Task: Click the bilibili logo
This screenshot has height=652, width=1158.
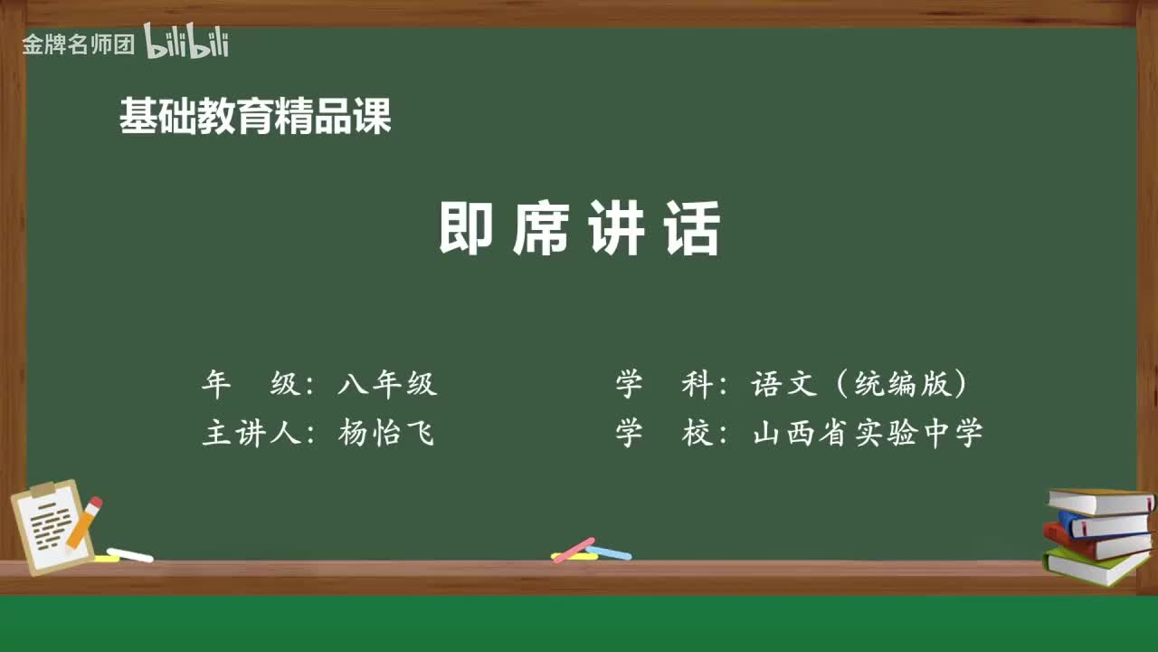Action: pyautogui.click(x=186, y=43)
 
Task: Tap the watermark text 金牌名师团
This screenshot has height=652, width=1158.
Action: pyautogui.click(x=78, y=44)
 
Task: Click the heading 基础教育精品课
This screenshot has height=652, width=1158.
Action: pyautogui.click(x=255, y=117)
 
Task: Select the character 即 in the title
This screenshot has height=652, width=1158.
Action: pyautogui.click(x=466, y=229)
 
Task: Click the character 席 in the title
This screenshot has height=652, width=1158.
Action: pyautogui.click(x=541, y=229)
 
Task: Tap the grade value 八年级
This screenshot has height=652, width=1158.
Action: pyautogui.click(x=387, y=385)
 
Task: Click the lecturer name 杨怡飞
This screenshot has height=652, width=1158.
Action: pyautogui.click(x=387, y=434)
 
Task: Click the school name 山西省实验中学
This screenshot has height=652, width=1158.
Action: pyautogui.click(x=868, y=434)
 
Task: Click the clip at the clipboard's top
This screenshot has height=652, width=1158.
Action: pyautogui.click(x=43, y=490)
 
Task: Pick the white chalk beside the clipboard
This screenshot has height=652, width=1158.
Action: pyautogui.click(x=130, y=554)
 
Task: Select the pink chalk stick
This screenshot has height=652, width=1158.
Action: pyautogui.click(x=574, y=550)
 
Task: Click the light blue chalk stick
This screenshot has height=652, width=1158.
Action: pyautogui.click(x=609, y=551)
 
